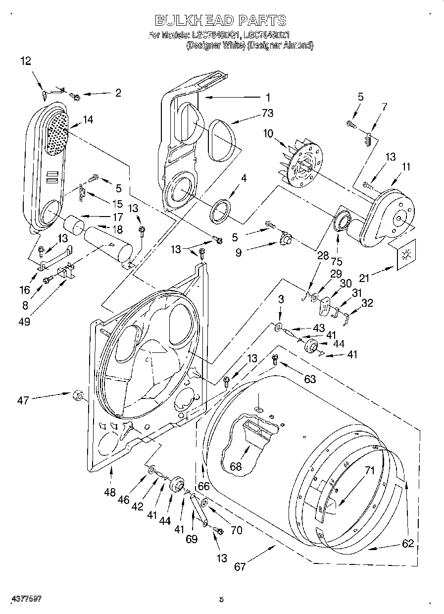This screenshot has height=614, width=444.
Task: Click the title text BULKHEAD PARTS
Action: pyautogui.click(x=220, y=20)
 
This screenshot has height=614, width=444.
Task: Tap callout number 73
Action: pyautogui.click(x=267, y=113)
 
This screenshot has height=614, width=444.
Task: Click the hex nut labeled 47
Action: pyautogui.click(x=77, y=394)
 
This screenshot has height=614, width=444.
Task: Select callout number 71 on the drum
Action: pyautogui.click(x=370, y=471)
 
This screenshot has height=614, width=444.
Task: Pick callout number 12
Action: pyautogui.click(x=26, y=61)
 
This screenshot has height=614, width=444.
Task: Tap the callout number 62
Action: pyautogui.click(x=408, y=544)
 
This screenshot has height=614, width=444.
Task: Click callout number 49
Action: pyautogui.click(x=23, y=321)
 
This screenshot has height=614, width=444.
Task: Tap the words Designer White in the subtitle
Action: pyautogui.click(x=215, y=45)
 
